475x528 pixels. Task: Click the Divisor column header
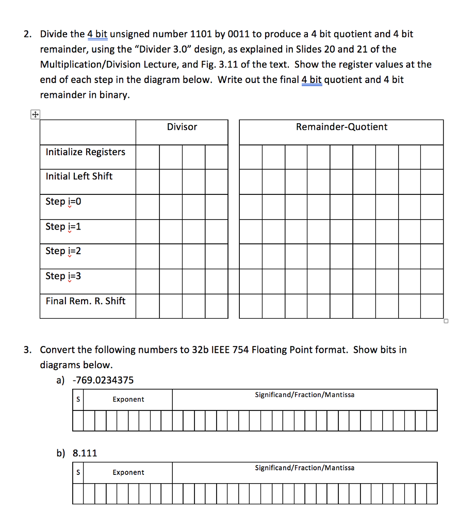[182, 127]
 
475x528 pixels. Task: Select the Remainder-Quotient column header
[341, 127]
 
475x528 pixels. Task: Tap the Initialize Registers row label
[85, 152]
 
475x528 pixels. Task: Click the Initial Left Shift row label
[79, 176]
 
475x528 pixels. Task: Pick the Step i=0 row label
[63, 202]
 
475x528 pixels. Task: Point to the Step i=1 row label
[63, 226]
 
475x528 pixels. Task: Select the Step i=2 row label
[63, 251]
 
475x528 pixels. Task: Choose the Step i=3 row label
[63, 276]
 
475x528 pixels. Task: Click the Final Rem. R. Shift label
[85, 301]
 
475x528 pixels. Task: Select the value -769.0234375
[103, 381]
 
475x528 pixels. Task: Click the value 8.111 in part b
[85, 454]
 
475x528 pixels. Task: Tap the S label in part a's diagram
[78, 400]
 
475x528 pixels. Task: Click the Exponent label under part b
[128, 473]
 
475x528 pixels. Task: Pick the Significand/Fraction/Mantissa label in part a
[304, 395]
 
